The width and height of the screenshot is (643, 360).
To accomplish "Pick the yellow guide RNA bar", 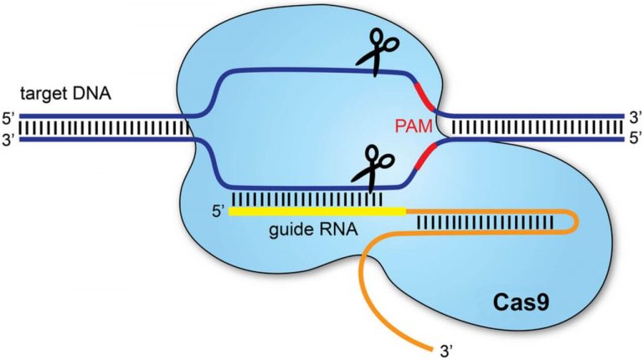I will (318, 212).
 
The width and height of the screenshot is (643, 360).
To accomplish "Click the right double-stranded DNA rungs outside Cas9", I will (536, 127).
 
